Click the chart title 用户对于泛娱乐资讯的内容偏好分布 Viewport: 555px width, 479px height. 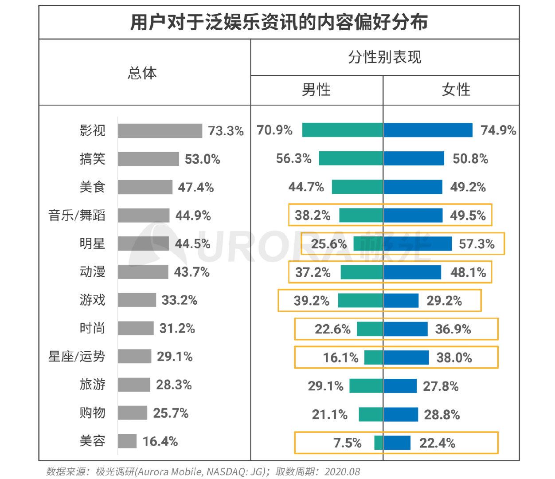click(279, 22)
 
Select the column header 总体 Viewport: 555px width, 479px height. click(142, 73)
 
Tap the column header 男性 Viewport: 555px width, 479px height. click(316, 90)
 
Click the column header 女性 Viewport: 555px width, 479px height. click(456, 90)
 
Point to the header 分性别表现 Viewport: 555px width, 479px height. click(385, 57)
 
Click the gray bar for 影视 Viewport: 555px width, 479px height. click(160, 131)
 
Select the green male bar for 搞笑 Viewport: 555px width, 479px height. click(351, 158)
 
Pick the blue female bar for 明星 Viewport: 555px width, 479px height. click(418, 244)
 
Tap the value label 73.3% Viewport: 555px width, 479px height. click(226, 131)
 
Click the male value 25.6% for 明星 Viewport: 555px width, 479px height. click(328, 244)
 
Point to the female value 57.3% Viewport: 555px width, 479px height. click(477, 244)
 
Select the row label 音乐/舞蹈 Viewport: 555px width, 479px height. click(77, 216)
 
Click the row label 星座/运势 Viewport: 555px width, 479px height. click(77, 357)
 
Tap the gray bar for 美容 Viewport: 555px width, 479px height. click(127, 441)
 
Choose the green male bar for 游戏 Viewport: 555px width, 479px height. click(360, 301)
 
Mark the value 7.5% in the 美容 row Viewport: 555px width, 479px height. click(348, 443)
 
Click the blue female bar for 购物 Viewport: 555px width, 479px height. click(401, 415)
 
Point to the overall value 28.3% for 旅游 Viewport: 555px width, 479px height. click(174, 385)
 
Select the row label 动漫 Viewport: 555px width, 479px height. click(92, 272)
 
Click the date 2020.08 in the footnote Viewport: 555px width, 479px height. click(342, 471)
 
